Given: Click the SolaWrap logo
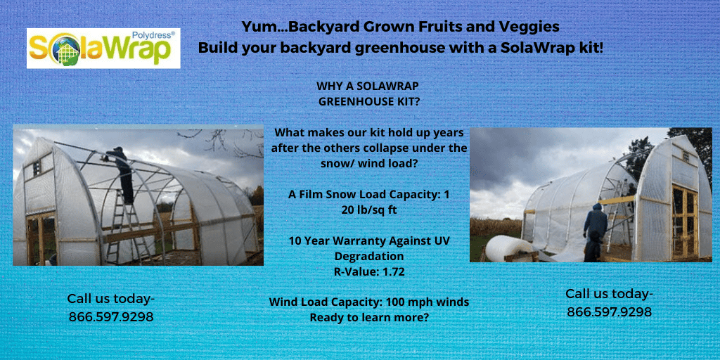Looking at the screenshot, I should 103,48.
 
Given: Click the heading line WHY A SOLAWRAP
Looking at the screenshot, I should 368,86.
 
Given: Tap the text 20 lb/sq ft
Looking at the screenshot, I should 367,209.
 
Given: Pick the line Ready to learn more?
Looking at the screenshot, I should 368,317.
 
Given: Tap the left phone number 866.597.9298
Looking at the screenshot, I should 111,316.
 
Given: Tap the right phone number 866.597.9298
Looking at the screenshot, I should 609,311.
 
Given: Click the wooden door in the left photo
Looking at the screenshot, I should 41,236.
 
